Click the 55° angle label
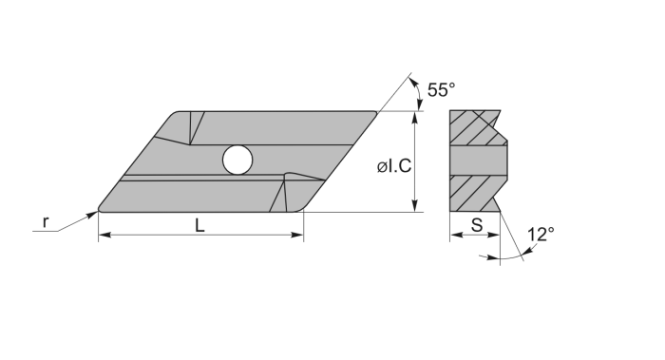coord(441,90)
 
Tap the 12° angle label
coord(540,234)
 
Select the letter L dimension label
coord(199,225)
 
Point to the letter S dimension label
coord(474,225)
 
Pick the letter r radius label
coord(45,222)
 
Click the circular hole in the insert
coord(237,161)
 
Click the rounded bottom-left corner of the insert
coord(104,207)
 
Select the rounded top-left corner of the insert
coord(176,116)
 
